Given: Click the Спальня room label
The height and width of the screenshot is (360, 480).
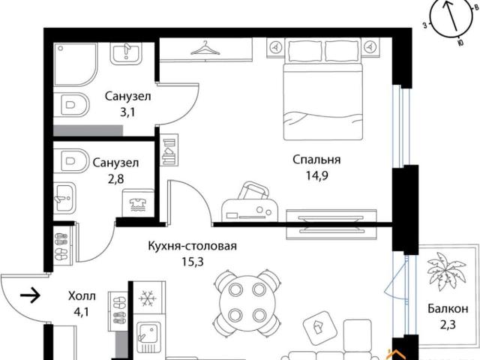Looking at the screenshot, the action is point(316,160).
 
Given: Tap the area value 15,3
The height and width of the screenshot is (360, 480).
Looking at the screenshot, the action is point(193,262).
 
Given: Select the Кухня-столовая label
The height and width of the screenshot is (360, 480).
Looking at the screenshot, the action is point(192,246).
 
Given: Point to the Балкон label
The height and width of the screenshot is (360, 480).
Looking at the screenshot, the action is point(448,308).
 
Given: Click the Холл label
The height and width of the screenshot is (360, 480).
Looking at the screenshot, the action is point(82,296).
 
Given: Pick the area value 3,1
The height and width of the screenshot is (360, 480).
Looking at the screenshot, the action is point(127,112).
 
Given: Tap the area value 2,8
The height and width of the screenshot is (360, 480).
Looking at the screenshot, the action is point(115,178).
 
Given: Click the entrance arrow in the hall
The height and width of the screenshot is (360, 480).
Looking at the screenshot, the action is point(30,295).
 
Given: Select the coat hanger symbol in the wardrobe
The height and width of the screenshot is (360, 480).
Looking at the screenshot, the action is point(205,48).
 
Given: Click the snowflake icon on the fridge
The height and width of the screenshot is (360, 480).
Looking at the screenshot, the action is point(148,298).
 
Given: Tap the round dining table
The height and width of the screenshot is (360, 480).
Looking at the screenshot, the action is point(247,301).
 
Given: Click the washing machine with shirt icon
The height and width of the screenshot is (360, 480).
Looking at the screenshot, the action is point(138,202).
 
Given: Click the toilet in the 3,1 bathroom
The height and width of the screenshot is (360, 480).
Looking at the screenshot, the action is point(72,105).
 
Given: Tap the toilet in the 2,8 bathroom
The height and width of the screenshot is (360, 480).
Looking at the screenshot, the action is point(70,160).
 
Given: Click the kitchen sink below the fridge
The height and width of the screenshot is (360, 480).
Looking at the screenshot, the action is point(148,335).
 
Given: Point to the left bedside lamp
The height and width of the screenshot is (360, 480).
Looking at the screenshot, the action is point(277,47).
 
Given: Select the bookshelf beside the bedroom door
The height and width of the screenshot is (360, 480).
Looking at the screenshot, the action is point(169,150).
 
